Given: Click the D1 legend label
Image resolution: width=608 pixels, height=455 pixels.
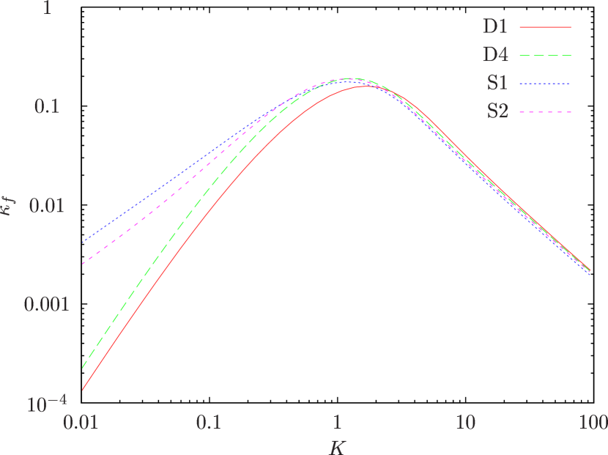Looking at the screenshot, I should pos(495,26).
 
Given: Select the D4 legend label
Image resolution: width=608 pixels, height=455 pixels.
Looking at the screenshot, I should pos(495,55).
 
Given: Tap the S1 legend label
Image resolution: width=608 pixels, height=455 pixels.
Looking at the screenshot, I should pos(497,84).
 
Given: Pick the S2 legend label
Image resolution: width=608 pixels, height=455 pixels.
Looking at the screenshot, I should pos(497,112).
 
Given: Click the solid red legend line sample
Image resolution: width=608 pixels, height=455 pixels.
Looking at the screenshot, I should pos(545,26).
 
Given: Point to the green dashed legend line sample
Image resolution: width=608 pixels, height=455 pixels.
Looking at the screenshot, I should pos(545,55).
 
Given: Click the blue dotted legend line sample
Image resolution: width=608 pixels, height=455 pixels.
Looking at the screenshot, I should pos(545,84).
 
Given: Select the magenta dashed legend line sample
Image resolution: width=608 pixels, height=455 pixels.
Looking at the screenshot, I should pos(545,112).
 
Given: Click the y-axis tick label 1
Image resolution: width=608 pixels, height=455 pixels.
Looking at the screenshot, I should pos(53,10).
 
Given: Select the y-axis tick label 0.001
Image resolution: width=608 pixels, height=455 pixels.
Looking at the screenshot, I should pos(46,304).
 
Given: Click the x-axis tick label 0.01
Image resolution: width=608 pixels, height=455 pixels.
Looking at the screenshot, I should pos(82,423).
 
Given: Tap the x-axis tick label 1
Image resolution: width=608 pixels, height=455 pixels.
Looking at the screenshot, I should pos(337,423).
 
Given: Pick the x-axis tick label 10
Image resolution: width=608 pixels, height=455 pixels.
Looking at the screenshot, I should pos(464,423).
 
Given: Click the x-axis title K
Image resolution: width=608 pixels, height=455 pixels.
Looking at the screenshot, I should pos(337,445).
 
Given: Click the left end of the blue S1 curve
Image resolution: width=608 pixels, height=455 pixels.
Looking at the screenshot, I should pos(83,242).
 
